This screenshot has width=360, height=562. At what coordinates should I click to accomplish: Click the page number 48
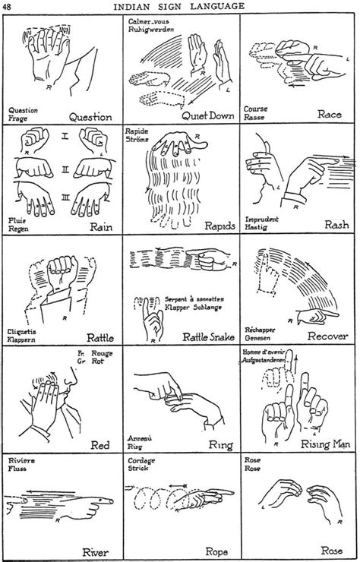pyautogui.click(x=8, y=8)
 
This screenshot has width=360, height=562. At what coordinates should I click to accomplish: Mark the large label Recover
pyautogui.click(x=327, y=336)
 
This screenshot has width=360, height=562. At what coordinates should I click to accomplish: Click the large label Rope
pyautogui.click(x=216, y=552)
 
